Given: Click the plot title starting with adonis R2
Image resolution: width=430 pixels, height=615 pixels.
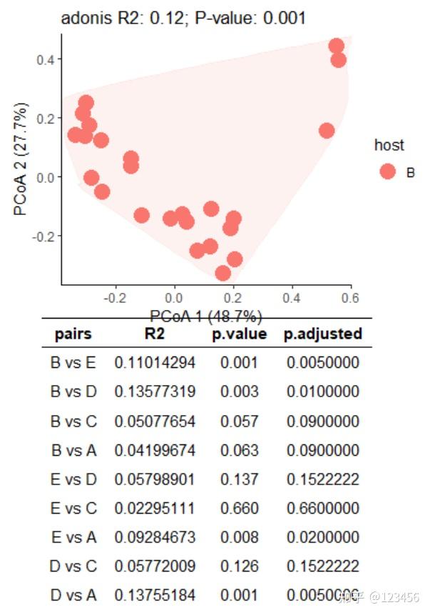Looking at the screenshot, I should point(183,19).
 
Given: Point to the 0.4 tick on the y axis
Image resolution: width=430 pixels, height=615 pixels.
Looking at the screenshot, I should point(48,59).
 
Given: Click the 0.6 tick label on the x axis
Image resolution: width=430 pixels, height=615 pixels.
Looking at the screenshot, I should point(349,296).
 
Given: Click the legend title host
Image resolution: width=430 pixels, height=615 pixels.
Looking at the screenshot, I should point(389,145).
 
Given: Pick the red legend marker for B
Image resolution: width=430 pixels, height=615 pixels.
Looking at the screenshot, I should point(388,171).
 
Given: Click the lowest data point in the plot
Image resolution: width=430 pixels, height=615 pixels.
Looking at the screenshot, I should point(223,273).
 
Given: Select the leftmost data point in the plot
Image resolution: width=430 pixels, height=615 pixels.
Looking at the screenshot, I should point(75,135).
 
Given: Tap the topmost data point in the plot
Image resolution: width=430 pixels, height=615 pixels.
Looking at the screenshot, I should point(337,46).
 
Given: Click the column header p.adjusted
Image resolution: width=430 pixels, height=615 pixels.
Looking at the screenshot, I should point(323,334).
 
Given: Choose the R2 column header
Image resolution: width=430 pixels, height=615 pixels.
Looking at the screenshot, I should point(154,334).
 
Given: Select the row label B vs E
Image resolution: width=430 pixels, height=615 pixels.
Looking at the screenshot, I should point(73,363).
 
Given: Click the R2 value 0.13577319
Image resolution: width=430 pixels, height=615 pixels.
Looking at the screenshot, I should point(155,392).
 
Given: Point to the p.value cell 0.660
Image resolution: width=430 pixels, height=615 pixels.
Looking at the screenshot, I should point(239,508).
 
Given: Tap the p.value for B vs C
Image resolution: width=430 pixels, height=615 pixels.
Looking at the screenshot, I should point(239,421).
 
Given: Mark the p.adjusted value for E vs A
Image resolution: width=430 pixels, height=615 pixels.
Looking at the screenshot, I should point(323,537).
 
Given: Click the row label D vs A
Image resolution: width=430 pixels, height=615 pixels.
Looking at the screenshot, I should point(73,595).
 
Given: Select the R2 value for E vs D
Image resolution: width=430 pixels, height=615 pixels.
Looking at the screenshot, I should point(155,479).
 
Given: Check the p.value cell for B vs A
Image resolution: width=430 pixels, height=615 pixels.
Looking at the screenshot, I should point(239,450).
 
